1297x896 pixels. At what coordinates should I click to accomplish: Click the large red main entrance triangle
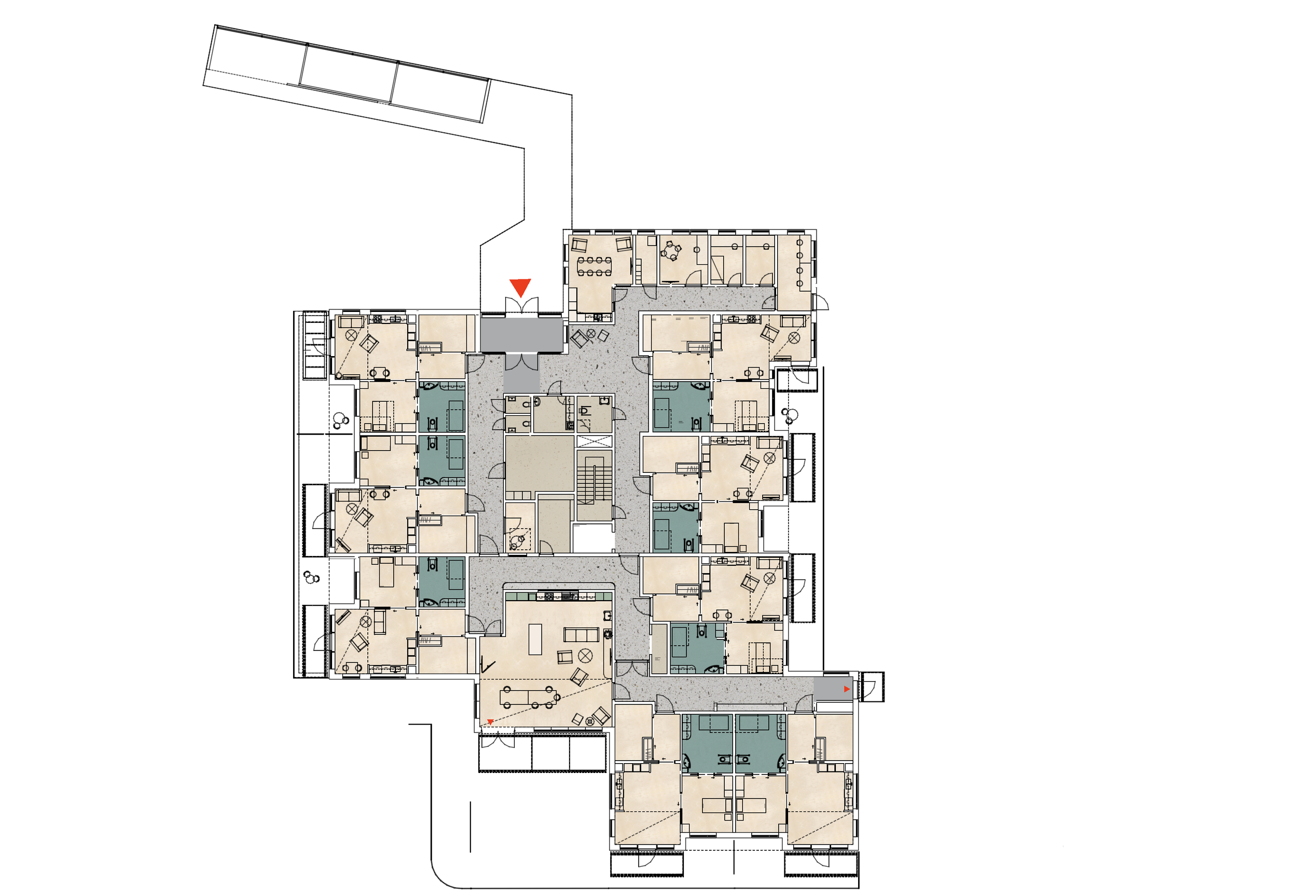(520, 287)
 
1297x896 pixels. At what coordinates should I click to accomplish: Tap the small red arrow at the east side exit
(847, 689)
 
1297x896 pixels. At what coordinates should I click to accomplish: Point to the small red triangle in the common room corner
(490, 722)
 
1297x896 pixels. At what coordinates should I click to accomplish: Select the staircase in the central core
(594, 483)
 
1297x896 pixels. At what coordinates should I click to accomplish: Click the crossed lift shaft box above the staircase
(594, 441)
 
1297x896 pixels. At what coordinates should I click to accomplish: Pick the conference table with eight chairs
(595, 266)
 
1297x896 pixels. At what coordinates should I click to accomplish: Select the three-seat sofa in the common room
(581, 635)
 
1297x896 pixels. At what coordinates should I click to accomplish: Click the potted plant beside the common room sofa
(606, 635)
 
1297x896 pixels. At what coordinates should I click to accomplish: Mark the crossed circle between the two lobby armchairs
(591, 334)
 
